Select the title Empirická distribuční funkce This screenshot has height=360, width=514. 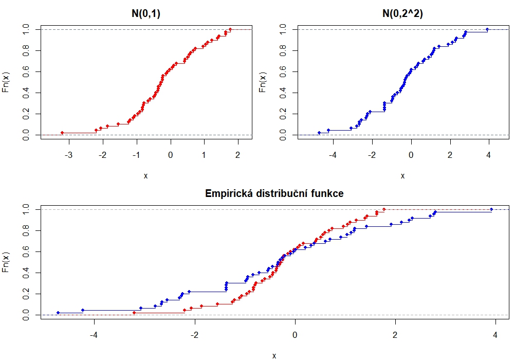tap(274, 194)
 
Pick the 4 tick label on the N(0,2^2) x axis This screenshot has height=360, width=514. tap(489, 155)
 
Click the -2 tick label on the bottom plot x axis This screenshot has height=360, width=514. tap(194, 335)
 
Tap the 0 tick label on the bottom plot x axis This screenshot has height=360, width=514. tap(295, 335)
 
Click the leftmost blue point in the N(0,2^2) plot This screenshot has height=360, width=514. tap(319, 133)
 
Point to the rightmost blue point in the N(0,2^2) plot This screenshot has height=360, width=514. tap(487, 29)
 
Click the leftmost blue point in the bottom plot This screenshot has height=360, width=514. tap(58, 313)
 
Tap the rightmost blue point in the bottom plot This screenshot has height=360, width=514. tap(492, 209)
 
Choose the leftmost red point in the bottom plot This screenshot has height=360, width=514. tap(134, 313)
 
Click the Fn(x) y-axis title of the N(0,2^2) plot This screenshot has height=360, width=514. tap(263, 82)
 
